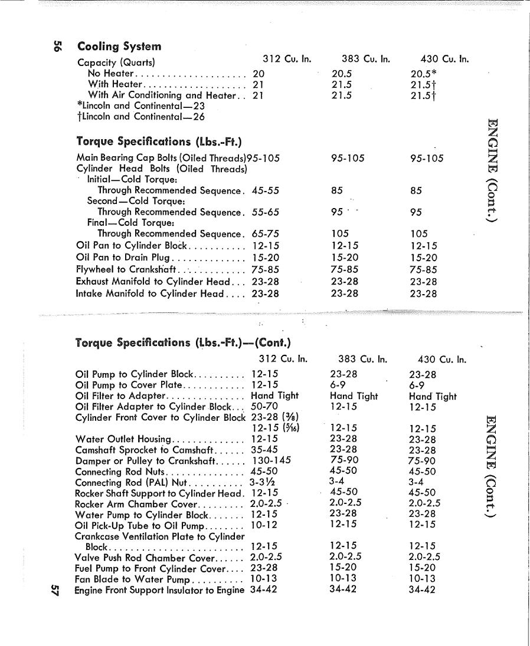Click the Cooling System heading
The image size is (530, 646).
click(x=119, y=47)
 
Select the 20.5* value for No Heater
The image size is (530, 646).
click(x=423, y=74)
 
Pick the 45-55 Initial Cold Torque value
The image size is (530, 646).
click(x=266, y=191)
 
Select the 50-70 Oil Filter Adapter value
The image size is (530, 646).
click(x=264, y=407)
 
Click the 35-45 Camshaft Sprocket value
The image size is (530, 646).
click(x=264, y=450)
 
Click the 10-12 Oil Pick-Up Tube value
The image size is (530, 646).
click(x=264, y=525)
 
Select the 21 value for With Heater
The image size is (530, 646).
click(x=258, y=85)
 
